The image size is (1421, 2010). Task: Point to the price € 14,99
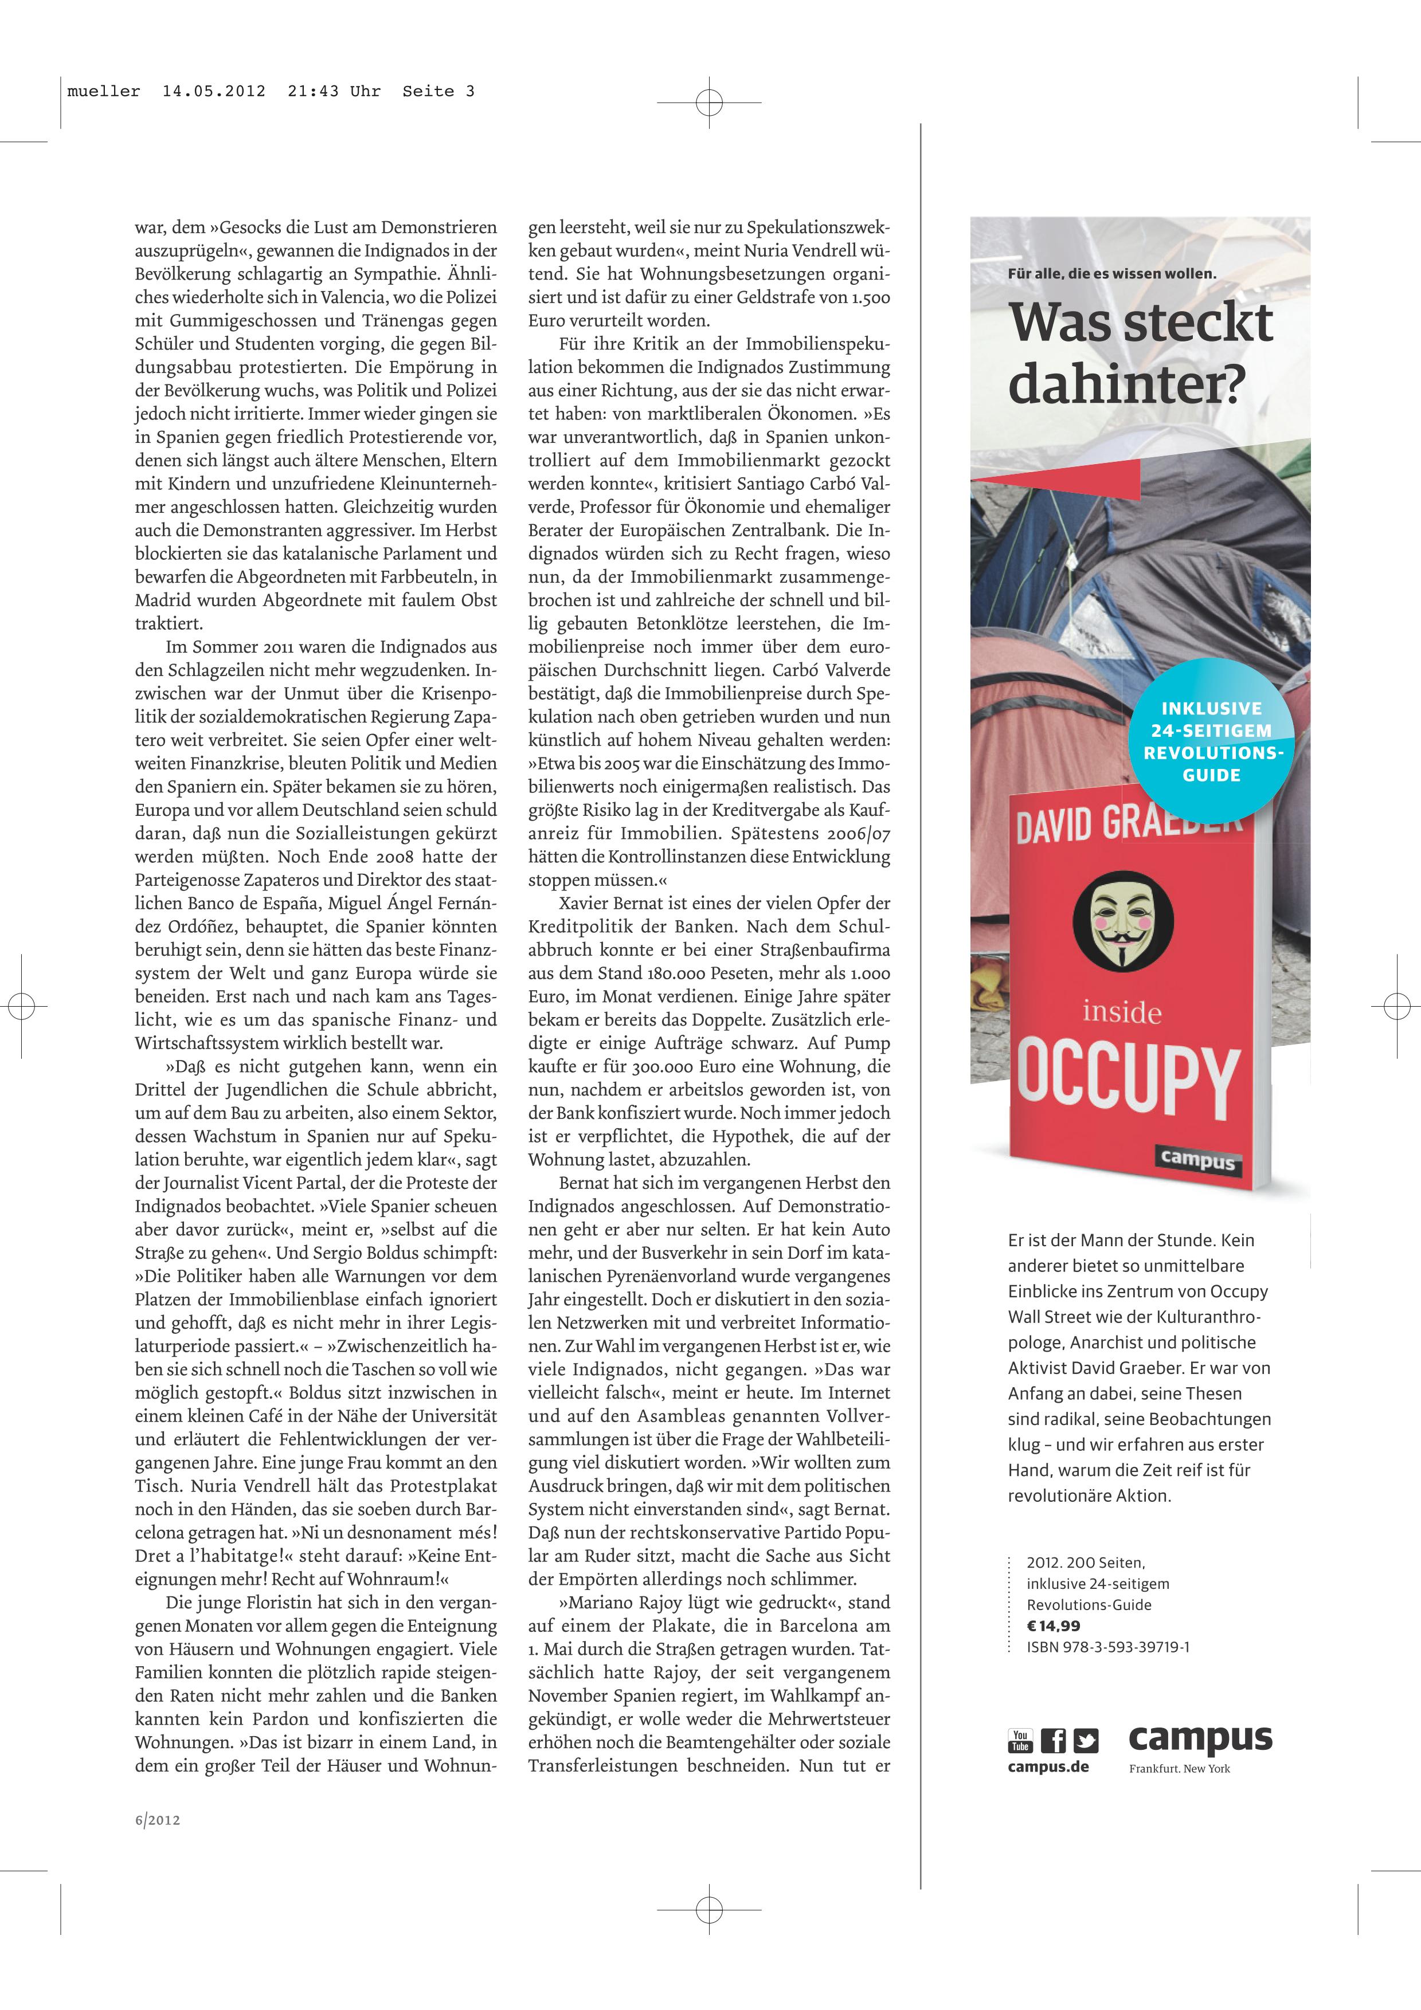point(1053,1626)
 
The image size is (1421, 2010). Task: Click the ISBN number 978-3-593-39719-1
point(1107,1647)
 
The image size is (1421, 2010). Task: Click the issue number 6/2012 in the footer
point(158,1820)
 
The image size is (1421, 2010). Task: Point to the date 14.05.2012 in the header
point(214,91)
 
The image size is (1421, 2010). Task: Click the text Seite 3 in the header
point(438,91)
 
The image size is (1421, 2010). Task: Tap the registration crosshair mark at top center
point(709,103)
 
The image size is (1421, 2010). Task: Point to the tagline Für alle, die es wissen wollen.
point(1112,274)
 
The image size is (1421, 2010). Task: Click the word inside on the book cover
point(1122,1013)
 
